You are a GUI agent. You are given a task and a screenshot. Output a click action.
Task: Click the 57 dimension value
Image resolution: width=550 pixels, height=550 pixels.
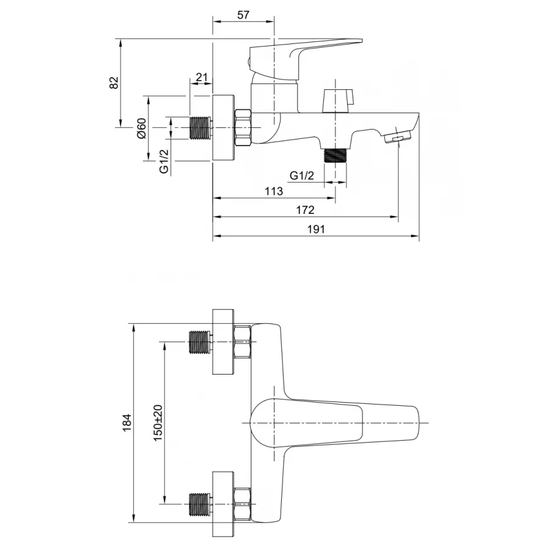243,16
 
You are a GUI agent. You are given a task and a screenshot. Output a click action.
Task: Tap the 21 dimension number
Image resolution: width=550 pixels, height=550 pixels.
201,77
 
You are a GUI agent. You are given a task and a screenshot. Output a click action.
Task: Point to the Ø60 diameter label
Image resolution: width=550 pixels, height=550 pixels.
141,128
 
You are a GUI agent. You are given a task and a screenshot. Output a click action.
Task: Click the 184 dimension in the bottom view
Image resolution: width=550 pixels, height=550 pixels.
127,423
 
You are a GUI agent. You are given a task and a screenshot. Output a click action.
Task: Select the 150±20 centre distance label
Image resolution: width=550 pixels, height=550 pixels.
158,423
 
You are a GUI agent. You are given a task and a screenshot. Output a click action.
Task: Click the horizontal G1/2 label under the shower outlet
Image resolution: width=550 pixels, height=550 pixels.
302,176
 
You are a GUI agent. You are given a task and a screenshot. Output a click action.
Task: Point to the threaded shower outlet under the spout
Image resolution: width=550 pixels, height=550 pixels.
335,155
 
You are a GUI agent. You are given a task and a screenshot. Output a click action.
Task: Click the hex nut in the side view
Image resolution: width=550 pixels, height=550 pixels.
243,127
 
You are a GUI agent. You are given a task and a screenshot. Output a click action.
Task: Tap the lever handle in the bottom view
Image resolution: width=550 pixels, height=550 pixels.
342,423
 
